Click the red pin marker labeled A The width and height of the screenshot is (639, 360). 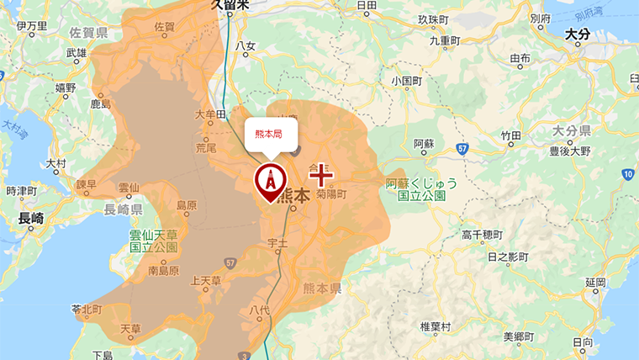[x=271, y=179]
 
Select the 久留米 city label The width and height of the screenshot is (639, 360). [x=230, y=5]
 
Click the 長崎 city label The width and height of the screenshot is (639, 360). [x=30, y=218]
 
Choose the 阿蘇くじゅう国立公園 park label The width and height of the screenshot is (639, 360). [x=416, y=189]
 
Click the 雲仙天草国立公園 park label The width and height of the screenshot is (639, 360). [x=154, y=242]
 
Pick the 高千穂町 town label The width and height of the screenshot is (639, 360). [x=483, y=235]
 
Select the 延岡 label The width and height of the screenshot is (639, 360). [x=595, y=281]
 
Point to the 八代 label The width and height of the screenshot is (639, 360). [x=260, y=310]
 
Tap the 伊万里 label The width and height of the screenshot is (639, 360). [x=31, y=26]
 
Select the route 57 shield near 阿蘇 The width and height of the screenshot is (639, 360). [x=462, y=148]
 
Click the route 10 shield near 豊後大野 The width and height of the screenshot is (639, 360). [x=627, y=173]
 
